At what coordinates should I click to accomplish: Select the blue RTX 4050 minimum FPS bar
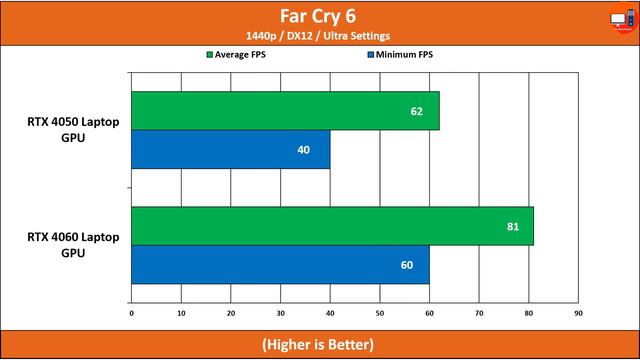click(x=230, y=149)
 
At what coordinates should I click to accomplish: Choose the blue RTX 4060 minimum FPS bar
click(x=280, y=264)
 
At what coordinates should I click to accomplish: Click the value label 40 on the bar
click(x=304, y=150)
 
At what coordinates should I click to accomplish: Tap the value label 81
click(x=512, y=226)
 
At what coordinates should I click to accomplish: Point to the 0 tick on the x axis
click(x=131, y=313)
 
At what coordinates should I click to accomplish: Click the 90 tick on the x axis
click(x=578, y=313)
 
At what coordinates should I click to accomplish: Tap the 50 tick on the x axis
click(x=380, y=313)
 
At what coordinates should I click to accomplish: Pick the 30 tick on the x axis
click(x=280, y=313)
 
